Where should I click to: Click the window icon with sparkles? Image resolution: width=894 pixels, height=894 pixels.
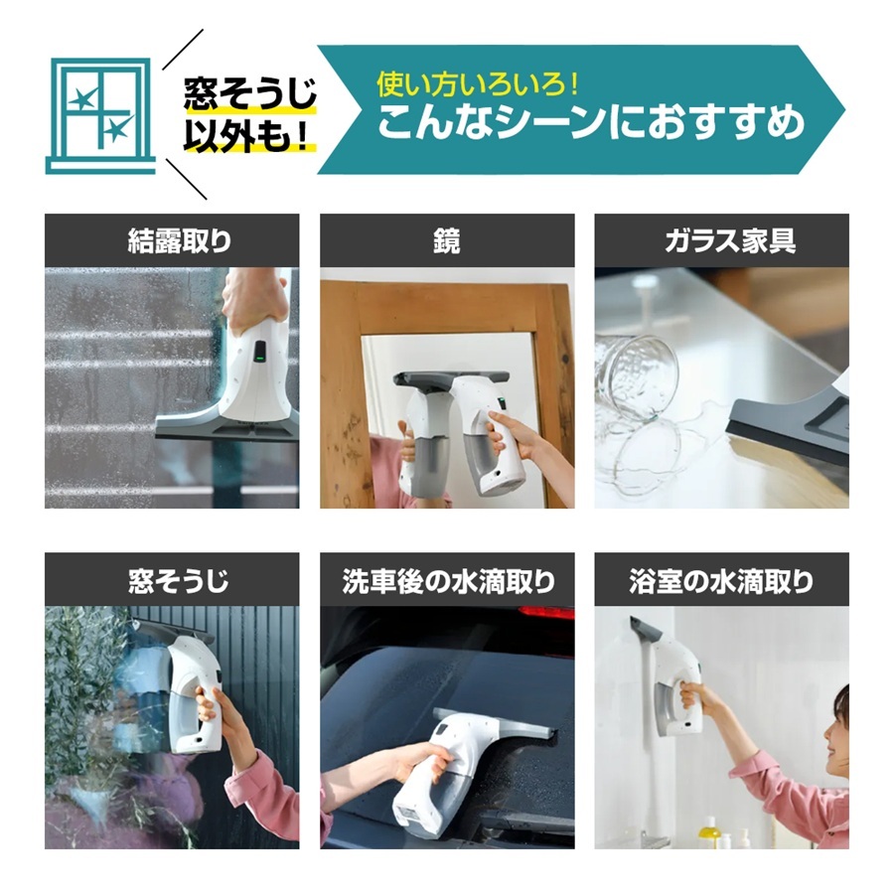tap(100, 115)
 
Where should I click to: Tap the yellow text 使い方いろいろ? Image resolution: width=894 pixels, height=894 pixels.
tap(478, 84)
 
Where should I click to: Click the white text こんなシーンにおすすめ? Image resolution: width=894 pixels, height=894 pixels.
tap(591, 122)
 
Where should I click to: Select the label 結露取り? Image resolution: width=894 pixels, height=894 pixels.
tap(179, 241)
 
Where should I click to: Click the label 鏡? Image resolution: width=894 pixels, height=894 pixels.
tap(447, 241)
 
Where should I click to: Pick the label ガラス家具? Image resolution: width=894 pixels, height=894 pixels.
tap(730, 241)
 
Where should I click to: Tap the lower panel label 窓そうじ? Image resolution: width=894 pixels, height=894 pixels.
tap(179, 581)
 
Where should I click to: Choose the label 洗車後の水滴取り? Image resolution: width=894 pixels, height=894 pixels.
tap(448, 581)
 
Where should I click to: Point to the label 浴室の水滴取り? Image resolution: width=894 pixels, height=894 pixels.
tap(721, 581)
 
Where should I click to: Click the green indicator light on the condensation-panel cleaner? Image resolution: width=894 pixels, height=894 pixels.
tap(259, 359)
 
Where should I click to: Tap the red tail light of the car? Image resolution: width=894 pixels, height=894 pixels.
tap(546, 613)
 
